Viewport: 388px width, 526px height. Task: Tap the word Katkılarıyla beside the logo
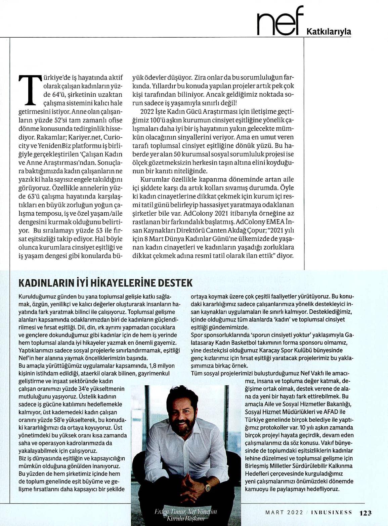329,32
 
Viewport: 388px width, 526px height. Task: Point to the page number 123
365,513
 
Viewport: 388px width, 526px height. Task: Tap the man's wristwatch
208,486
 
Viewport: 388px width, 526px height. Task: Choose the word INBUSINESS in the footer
332,513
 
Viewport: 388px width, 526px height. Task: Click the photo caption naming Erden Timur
186,515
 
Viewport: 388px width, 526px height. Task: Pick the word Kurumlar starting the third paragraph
153,179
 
